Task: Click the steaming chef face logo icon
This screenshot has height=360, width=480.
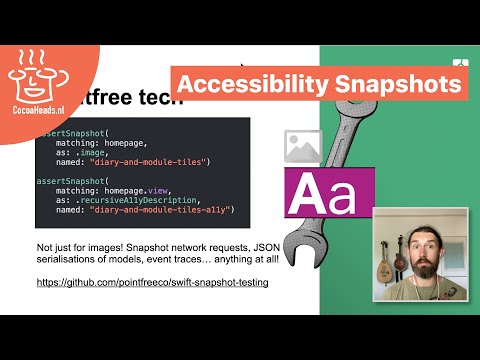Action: [34, 68]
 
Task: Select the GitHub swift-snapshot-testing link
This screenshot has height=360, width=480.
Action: [151, 283]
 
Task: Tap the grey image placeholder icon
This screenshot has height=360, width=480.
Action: [301, 146]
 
